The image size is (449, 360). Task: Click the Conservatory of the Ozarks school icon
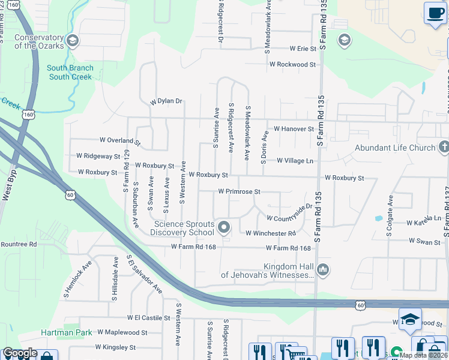[73, 41]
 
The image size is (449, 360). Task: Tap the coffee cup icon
[434, 13]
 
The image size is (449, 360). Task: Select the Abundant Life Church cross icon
[443, 147]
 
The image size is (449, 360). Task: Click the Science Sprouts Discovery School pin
[224, 227]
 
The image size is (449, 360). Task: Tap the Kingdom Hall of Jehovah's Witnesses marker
[323, 270]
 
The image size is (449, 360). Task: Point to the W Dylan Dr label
[166, 101]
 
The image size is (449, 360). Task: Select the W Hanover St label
[294, 129]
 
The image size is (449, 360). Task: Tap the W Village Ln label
[295, 161]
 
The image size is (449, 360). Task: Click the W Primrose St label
[238, 191]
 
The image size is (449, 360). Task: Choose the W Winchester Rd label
[270, 233]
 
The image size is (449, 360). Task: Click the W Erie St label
[303, 49]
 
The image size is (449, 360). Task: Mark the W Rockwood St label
[292, 64]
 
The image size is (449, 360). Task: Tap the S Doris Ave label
[263, 147]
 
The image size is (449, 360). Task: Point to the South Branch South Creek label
[70, 73]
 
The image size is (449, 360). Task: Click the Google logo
[20, 353]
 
